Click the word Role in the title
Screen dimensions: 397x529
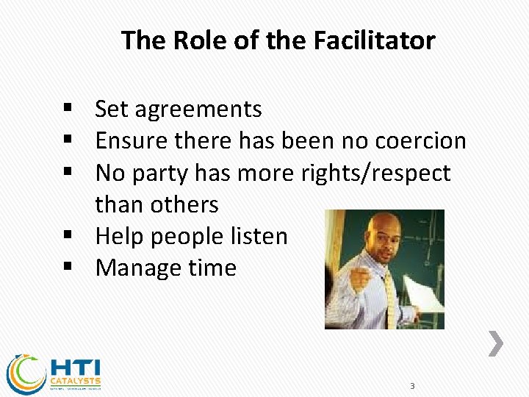[x=196, y=40]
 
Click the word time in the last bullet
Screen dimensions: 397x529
[x=212, y=268]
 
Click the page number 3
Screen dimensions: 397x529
[x=412, y=386]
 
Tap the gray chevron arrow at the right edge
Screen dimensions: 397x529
[x=497, y=343]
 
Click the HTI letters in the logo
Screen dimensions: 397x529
[x=76, y=367]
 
